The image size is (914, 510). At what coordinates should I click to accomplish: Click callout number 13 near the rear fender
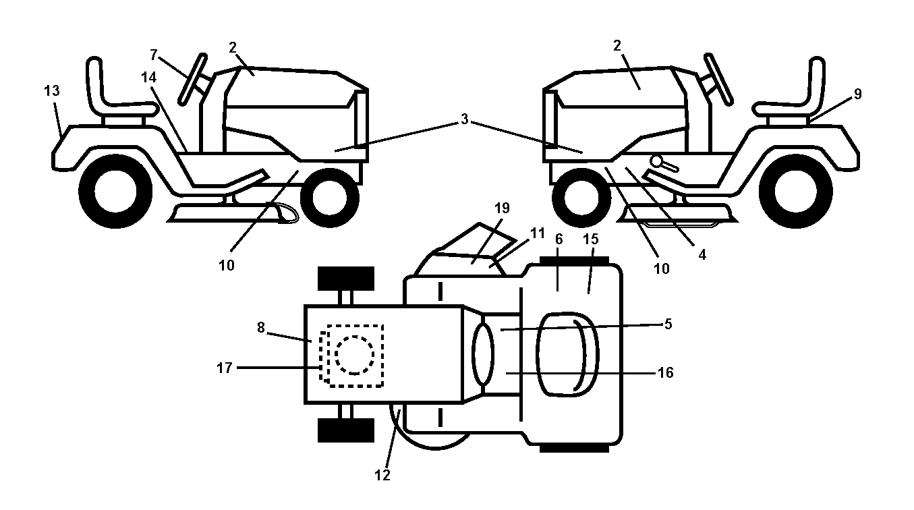tap(52, 90)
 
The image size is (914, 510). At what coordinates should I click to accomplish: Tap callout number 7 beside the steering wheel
tap(153, 54)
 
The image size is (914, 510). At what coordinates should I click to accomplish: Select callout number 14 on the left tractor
tap(148, 77)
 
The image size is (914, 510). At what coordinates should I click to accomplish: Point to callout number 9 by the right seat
tap(858, 94)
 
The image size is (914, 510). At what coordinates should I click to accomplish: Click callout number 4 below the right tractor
tap(702, 255)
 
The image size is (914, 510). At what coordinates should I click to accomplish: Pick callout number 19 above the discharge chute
tap(503, 208)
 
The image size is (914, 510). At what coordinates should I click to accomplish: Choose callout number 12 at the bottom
tap(382, 475)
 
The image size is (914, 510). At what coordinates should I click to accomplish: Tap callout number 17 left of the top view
tap(225, 368)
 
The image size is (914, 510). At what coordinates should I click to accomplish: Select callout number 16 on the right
tap(666, 372)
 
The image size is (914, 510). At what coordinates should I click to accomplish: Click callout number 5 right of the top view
tap(668, 324)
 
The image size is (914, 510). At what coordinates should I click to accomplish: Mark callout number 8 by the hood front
tap(261, 327)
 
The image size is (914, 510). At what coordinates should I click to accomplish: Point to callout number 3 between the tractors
tap(464, 119)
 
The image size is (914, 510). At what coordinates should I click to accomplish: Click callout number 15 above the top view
tap(591, 239)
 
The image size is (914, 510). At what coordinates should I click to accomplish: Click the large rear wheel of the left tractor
tap(115, 192)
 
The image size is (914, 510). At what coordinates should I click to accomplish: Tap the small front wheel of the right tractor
tap(581, 198)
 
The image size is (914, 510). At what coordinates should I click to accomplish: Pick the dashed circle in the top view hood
tap(355, 355)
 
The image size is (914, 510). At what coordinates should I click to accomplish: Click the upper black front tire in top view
tap(346, 279)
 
